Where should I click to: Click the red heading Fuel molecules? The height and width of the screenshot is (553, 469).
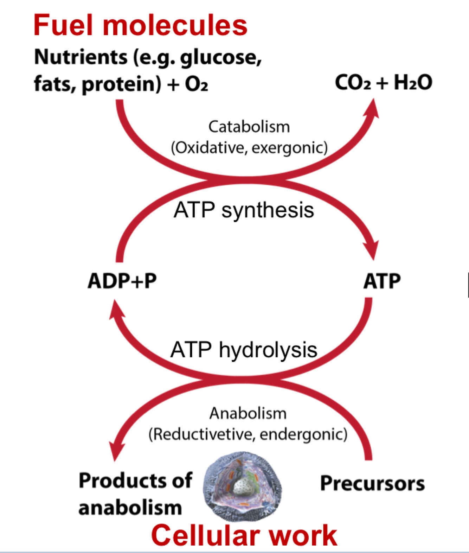coord(140,25)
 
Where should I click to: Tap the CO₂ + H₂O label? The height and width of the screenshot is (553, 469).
coord(383,83)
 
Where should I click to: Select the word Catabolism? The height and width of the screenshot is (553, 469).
coord(249,127)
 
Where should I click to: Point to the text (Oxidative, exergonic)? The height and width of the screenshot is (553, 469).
coord(249,147)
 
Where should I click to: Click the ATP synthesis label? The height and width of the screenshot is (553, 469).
coord(244,210)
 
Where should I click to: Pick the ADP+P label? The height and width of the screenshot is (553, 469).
coord(122,281)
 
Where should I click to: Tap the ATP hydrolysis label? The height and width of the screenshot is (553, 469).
coord(244,350)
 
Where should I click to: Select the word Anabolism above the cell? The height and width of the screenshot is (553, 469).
coord(248,413)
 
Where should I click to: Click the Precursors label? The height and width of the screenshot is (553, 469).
coord(372,483)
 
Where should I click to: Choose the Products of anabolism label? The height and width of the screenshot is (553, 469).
coord(135,494)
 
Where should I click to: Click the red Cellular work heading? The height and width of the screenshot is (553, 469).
coord(244,535)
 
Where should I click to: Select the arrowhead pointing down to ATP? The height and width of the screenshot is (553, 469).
coord(373,250)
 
